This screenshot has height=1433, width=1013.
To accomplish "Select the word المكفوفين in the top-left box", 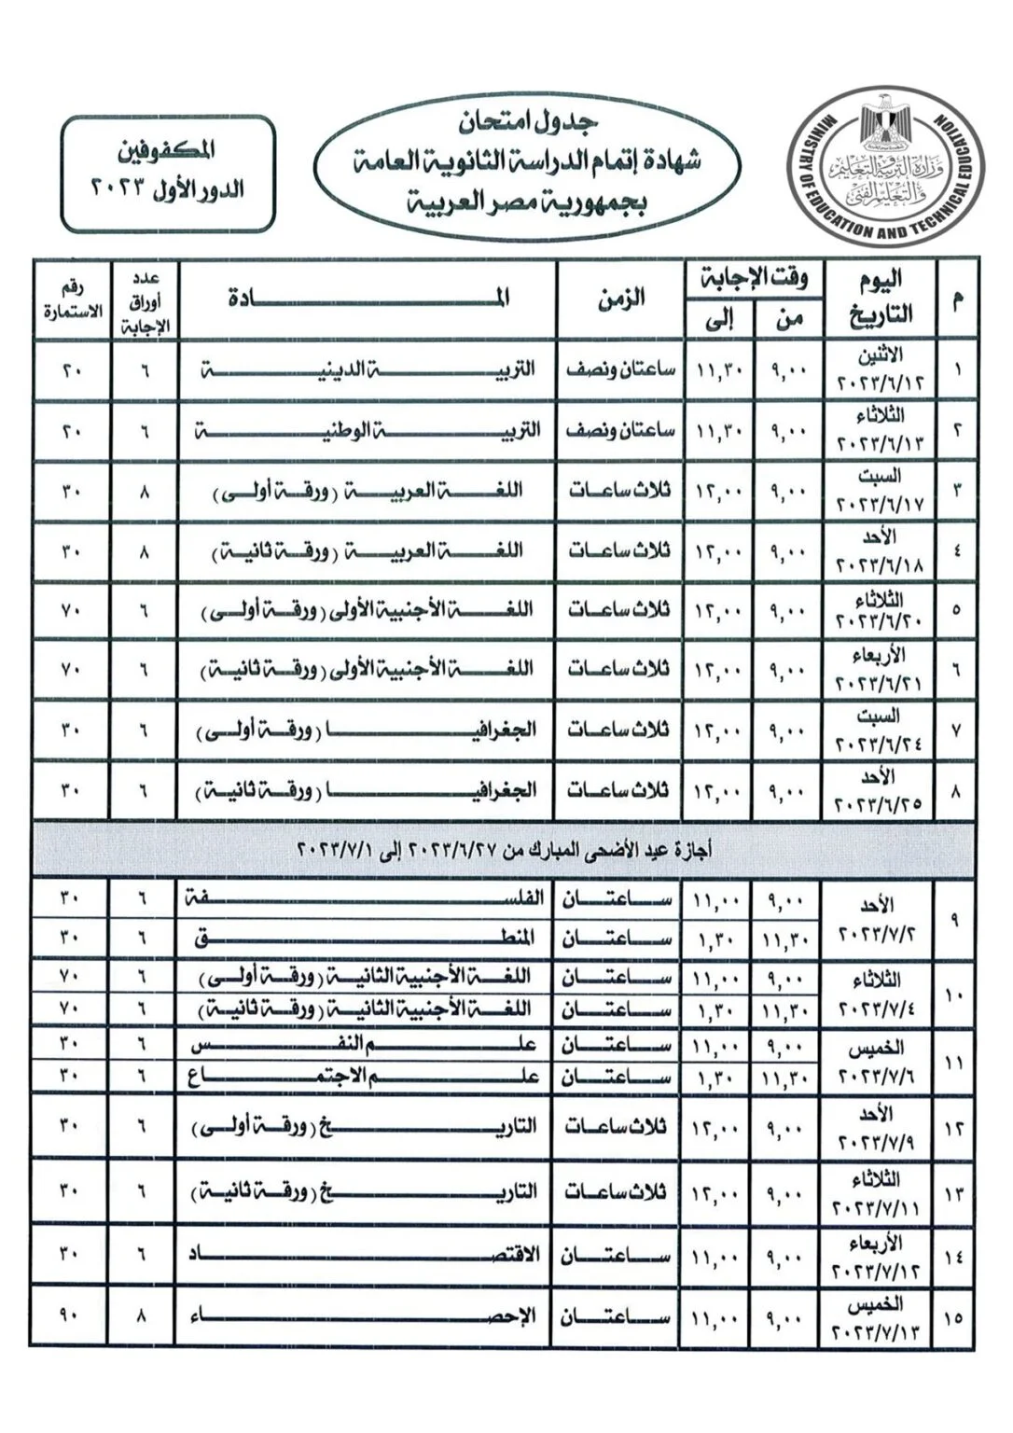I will pyautogui.click(x=168, y=149).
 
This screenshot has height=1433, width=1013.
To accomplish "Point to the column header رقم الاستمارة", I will pyautogui.click(x=74, y=300).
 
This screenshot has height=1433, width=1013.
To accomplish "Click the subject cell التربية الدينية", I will pyautogui.click(x=368, y=369).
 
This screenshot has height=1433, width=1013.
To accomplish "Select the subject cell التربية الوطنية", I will pyautogui.click(x=368, y=431).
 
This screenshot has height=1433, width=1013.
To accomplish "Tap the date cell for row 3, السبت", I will pyautogui.click(x=879, y=491).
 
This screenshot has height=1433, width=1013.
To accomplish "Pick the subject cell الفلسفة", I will pyautogui.click(x=368, y=898).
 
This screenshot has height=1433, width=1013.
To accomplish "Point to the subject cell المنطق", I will pyautogui.click(x=368, y=939).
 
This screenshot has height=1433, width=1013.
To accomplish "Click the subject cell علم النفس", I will pyautogui.click(x=368, y=1047).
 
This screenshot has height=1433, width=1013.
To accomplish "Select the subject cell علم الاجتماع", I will pyautogui.click(x=368, y=1078).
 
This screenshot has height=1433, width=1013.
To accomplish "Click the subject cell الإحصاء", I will pyautogui.click(x=368, y=1316).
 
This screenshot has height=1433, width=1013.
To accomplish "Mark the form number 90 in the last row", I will pyautogui.click(x=74, y=1316).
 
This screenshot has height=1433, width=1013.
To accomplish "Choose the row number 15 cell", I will pyautogui.click(x=956, y=1317).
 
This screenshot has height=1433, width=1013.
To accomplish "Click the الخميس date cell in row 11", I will pyautogui.click(x=879, y=1062).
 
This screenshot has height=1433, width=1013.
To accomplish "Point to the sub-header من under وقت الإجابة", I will pyautogui.click(x=789, y=319).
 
